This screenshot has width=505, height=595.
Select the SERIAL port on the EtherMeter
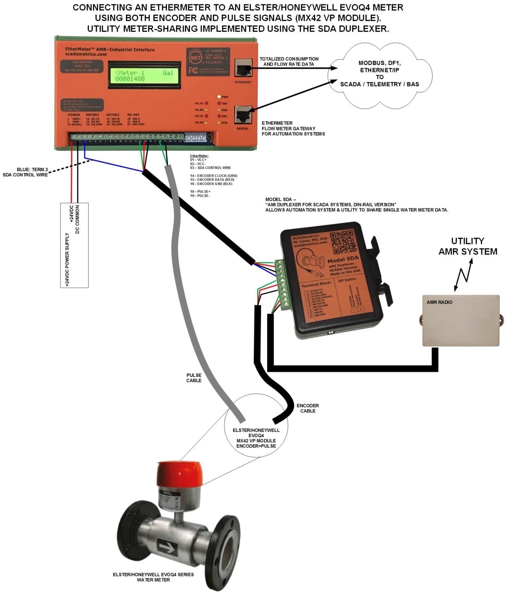click(243, 115)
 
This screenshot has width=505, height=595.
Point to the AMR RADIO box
click(460, 320)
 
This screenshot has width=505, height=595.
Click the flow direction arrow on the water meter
click(167, 548)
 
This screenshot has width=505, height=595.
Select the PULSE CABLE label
click(194, 378)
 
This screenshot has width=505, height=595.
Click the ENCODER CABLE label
click(308, 408)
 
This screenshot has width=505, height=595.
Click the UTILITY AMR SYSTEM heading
click(467, 246)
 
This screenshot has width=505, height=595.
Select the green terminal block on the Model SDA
click(282, 285)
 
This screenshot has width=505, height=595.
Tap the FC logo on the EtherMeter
click(191, 71)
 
